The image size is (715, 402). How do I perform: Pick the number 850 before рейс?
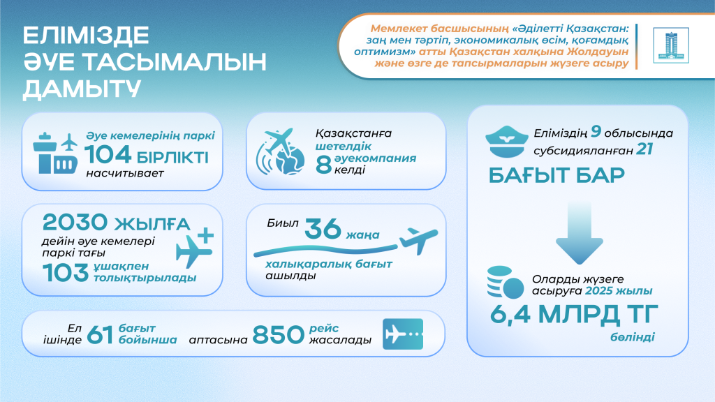[x=277, y=334]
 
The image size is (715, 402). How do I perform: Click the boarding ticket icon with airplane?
[x=402, y=334]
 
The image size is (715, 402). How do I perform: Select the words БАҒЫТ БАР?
[x=556, y=175]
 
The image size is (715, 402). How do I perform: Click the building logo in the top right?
[x=670, y=45]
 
